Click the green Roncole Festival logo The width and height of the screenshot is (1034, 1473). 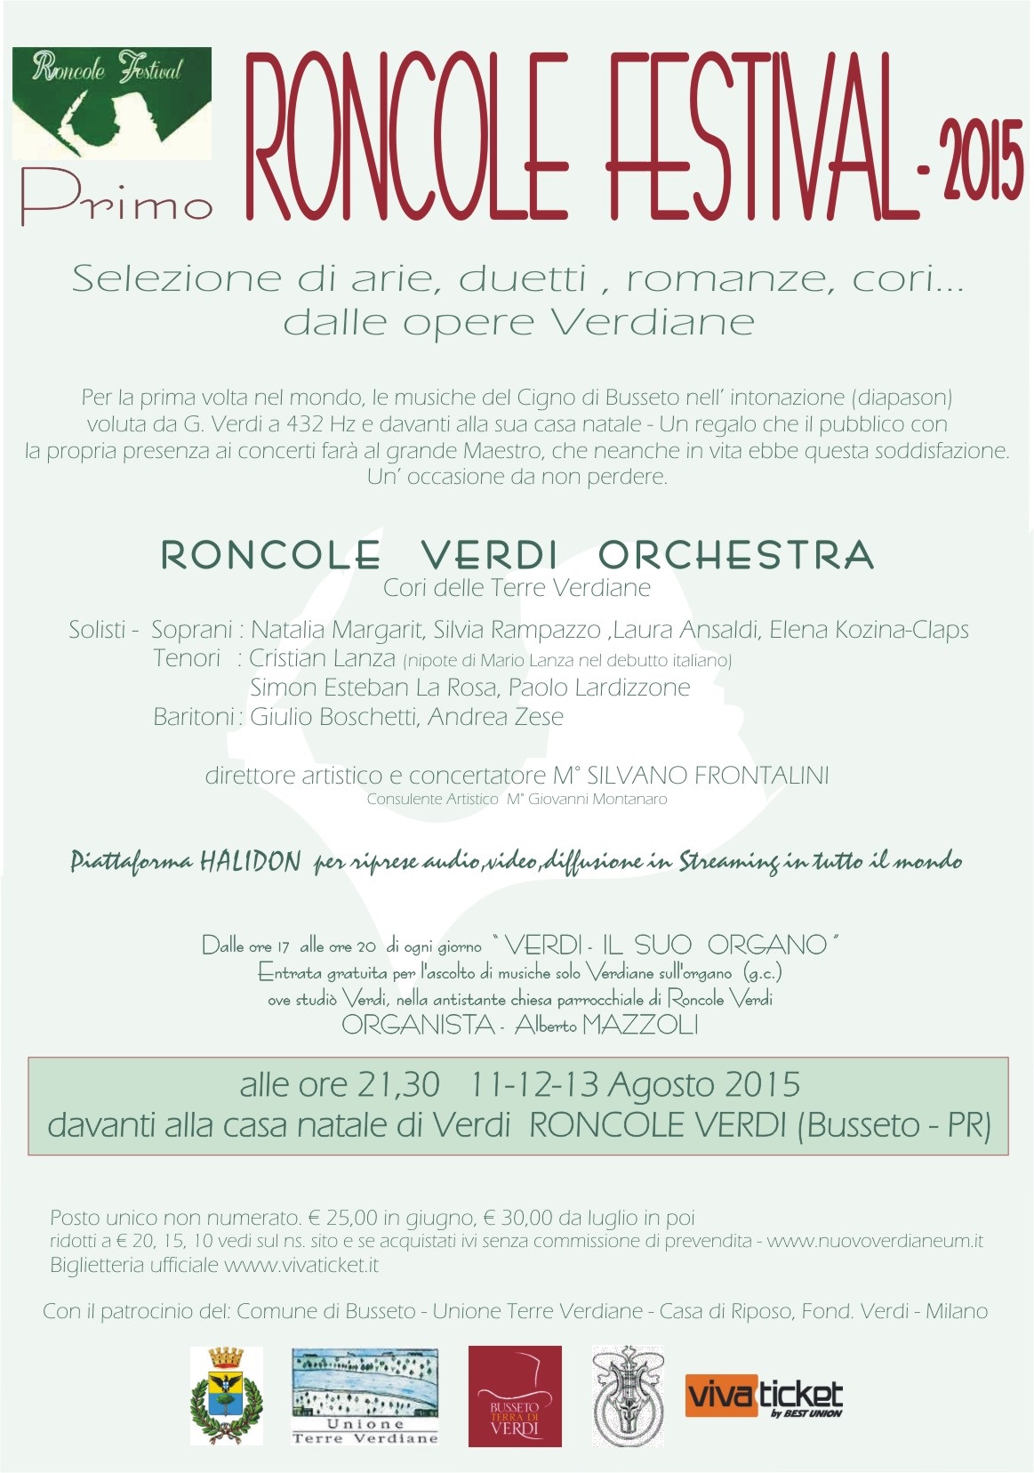(x=112, y=103)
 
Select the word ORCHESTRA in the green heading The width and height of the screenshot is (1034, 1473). (x=735, y=555)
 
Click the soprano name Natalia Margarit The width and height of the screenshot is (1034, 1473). (x=336, y=630)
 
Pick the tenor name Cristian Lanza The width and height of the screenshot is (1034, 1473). (x=322, y=658)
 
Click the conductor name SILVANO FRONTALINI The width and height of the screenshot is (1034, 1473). (x=708, y=775)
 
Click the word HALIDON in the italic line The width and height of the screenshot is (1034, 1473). (x=250, y=861)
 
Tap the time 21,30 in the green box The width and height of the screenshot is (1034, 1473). (x=398, y=1084)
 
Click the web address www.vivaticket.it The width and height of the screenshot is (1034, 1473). (x=301, y=1264)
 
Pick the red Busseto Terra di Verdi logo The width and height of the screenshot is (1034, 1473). (x=515, y=1395)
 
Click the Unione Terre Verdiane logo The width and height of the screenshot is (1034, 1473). (x=365, y=1395)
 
